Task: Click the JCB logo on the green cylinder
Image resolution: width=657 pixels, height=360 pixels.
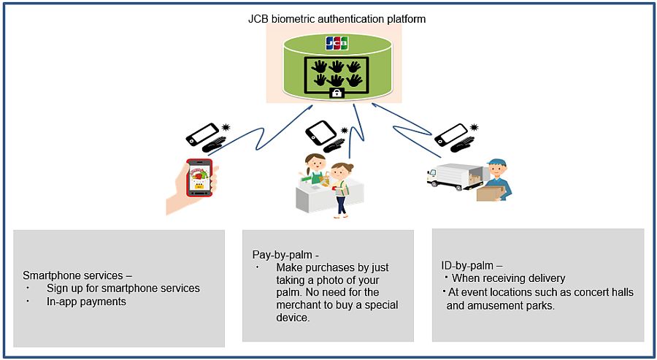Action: [337, 43]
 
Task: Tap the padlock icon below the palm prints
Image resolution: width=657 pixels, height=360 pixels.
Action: [337, 93]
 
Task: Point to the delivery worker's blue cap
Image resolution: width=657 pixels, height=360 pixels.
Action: [496, 164]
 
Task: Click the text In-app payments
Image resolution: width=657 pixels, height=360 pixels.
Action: [86, 302]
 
